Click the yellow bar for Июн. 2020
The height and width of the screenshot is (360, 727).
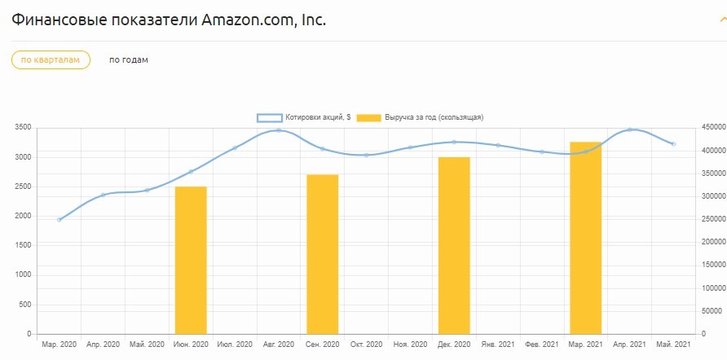[191, 260]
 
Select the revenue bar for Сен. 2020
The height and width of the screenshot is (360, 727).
[322, 254]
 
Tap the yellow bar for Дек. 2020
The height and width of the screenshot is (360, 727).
[454, 245]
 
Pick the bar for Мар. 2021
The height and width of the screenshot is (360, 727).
[585, 238]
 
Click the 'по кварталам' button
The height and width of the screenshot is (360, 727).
[51, 59]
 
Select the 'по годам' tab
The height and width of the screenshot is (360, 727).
[129, 59]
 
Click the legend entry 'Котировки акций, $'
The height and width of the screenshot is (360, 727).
[304, 117]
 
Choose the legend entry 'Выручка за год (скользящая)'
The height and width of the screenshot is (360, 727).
[420, 117]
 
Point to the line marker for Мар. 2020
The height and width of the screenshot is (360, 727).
[59, 220]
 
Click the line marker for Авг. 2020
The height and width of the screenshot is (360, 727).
[279, 130]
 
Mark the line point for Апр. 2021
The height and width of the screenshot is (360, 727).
[629, 130]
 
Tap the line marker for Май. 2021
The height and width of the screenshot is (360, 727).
[673, 144]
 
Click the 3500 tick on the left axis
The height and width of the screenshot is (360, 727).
[23, 128]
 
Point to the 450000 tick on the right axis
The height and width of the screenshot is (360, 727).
[714, 128]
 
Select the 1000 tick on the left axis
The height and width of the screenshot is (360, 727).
[23, 275]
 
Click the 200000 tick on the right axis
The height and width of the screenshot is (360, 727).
[714, 242]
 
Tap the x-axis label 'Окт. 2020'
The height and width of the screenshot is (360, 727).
[366, 345]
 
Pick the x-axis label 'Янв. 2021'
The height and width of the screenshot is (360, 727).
[498, 345]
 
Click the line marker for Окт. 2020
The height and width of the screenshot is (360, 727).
[366, 155]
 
